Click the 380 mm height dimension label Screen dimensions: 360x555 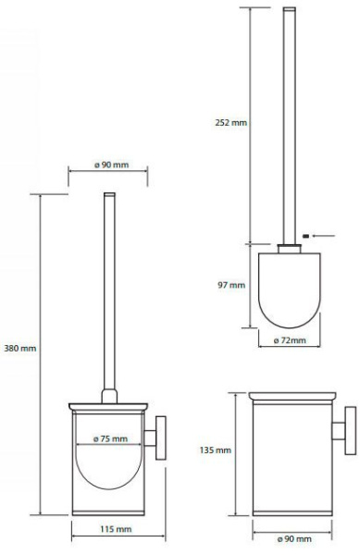click(20, 349)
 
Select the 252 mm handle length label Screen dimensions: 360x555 click(230, 123)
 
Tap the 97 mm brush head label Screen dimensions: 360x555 click(231, 285)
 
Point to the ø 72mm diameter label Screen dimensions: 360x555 click(290, 340)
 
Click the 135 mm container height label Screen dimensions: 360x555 click(216, 450)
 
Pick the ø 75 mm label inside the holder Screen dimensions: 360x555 click(110, 438)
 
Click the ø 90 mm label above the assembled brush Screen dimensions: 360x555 click(111, 165)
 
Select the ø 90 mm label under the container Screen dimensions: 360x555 click(294, 539)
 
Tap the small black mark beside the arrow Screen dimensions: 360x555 click(306, 236)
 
